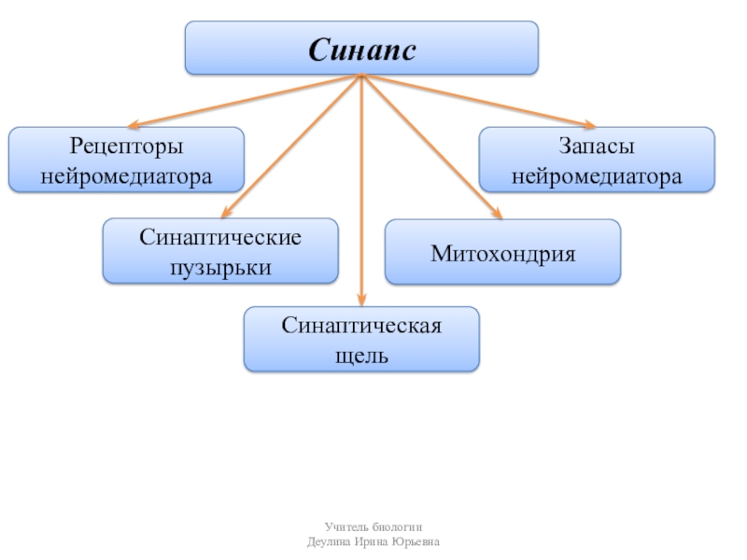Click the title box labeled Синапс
pyautogui.click(x=361, y=48)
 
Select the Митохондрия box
pyautogui.click(x=502, y=252)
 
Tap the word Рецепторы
pyautogui.click(x=126, y=147)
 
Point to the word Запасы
pyautogui.click(x=597, y=147)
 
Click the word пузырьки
pyautogui.click(x=220, y=268)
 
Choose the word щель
pyautogui.click(x=361, y=356)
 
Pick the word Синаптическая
pyautogui.click(x=361, y=327)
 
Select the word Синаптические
pyautogui.click(x=220, y=238)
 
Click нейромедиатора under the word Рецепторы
pyautogui.click(x=126, y=175)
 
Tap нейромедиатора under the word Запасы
pyautogui.click(x=597, y=175)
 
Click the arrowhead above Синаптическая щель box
pyautogui.click(x=361, y=301)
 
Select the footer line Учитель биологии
pyautogui.click(x=373, y=528)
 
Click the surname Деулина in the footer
pyautogui.click(x=329, y=542)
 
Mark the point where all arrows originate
pyautogui.click(x=361, y=77)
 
